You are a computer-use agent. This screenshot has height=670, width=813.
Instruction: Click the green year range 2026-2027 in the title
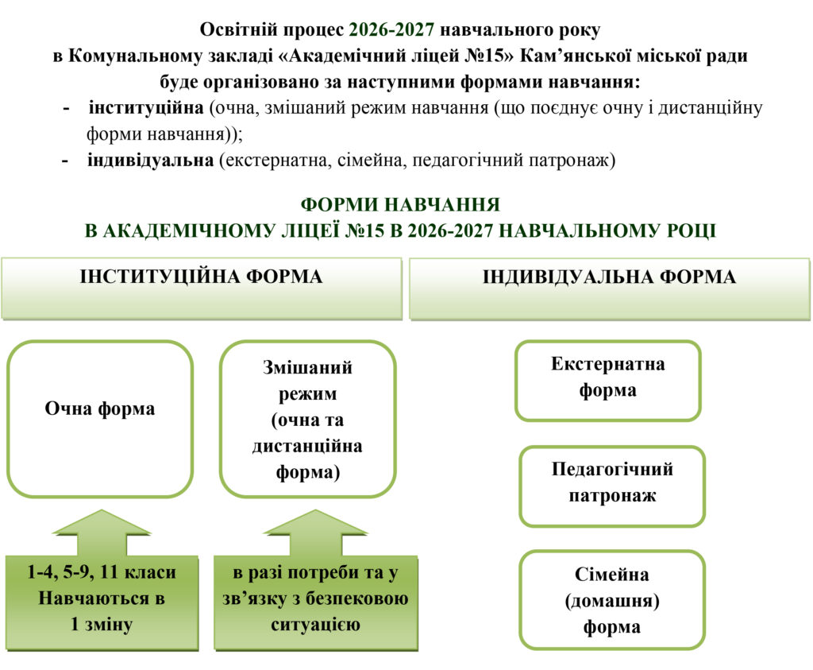[391, 29]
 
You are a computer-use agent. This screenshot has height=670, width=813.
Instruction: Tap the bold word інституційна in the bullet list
[146, 108]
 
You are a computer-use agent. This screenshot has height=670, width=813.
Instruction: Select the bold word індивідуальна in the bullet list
[150, 160]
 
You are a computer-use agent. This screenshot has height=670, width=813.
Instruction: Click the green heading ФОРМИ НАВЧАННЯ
[400, 204]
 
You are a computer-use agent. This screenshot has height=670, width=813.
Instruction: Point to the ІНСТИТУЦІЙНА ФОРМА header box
[202, 289]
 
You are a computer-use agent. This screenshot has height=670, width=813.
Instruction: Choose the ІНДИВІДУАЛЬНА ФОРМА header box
[610, 289]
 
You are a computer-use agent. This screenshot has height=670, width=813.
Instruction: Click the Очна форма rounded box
[100, 419]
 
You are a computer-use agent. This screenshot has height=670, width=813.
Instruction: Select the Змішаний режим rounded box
[308, 419]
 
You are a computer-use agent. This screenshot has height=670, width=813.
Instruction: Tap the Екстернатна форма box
[608, 381]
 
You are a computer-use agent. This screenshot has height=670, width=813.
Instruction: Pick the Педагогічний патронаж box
[612, 486]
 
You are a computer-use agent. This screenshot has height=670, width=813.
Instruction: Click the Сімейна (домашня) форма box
[612, 600]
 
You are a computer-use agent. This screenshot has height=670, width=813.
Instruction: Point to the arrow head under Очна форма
[102, 523]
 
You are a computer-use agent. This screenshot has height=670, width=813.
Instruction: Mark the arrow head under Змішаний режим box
[315, 523]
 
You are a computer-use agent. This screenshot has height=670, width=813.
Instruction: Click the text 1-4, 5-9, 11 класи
[102, 572]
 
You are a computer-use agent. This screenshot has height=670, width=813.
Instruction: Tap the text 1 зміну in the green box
[102, 624]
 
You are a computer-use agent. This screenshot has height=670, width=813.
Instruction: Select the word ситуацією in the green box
[315, 624]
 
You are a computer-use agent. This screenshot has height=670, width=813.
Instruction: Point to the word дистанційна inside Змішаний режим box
[307, 446]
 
